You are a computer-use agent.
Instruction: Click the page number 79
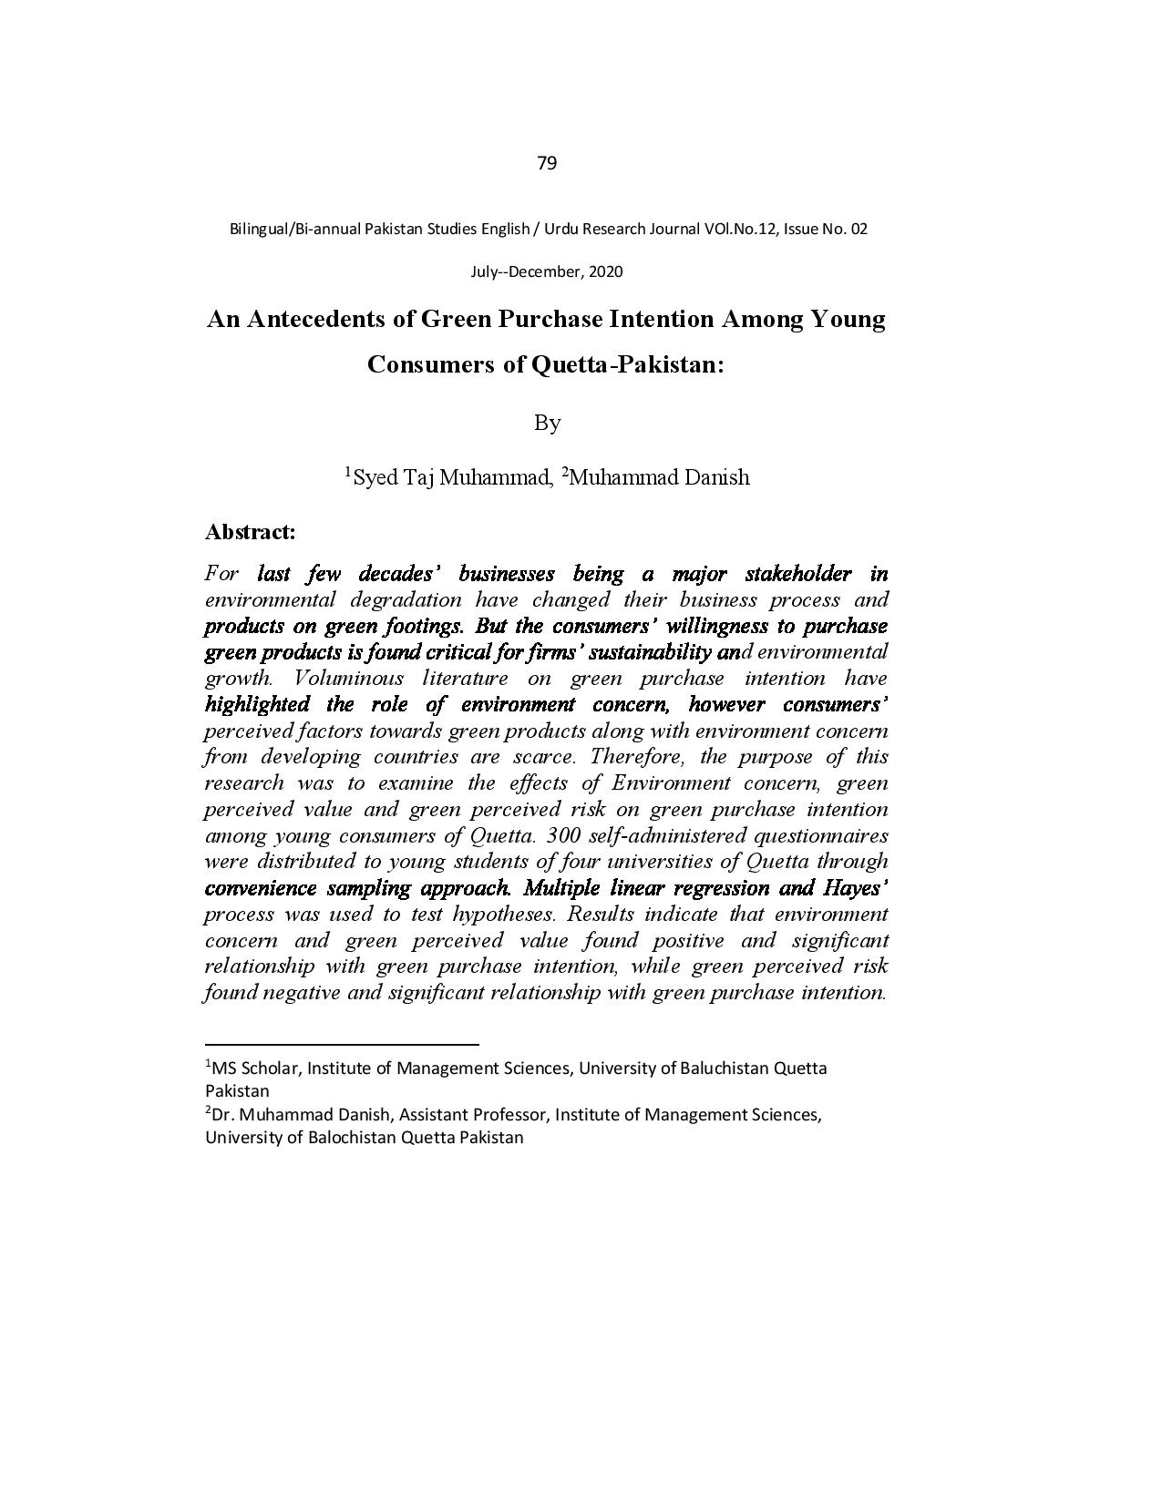click(547, 163)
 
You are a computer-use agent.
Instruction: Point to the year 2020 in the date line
click(605, 271)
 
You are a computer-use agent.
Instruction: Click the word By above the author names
click(547, 423)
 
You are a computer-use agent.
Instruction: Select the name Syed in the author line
click(374, 477)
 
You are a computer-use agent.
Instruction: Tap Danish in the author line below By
click(716, 477)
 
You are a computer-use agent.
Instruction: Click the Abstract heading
click(251, 532)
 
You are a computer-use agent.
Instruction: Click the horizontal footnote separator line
click(342, 1045)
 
